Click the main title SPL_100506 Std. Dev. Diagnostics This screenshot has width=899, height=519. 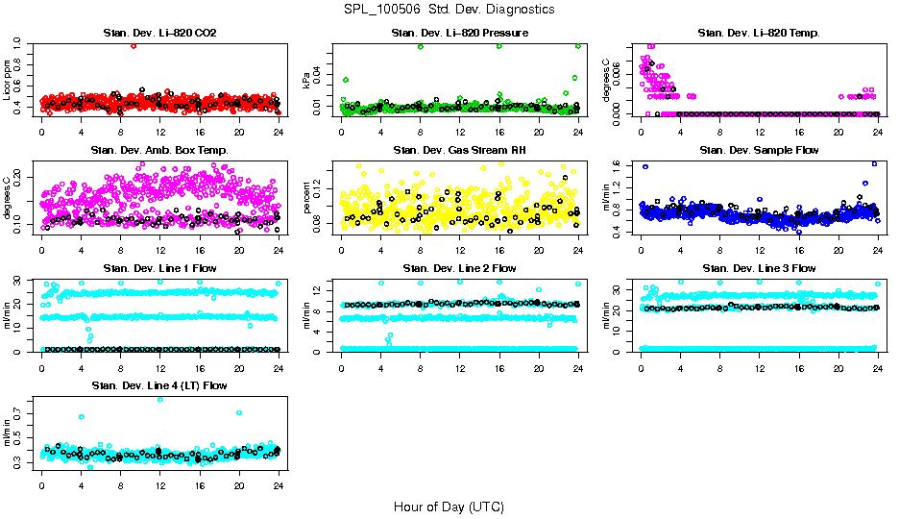[x=449, y=10]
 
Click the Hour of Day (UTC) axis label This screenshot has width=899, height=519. [x=449, y=507]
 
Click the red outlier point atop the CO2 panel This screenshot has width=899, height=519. [x=134, y=45]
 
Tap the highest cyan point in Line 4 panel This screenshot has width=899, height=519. [x=160, y=399]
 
